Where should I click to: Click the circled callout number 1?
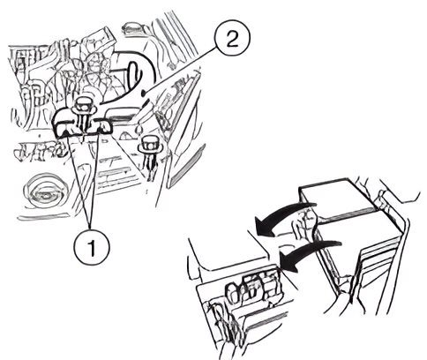(92, 247)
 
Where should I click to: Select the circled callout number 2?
(232, 38)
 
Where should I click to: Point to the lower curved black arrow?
(309, 250)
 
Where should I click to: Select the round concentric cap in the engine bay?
(44, 191)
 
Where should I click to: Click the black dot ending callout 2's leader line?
(144, 94)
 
